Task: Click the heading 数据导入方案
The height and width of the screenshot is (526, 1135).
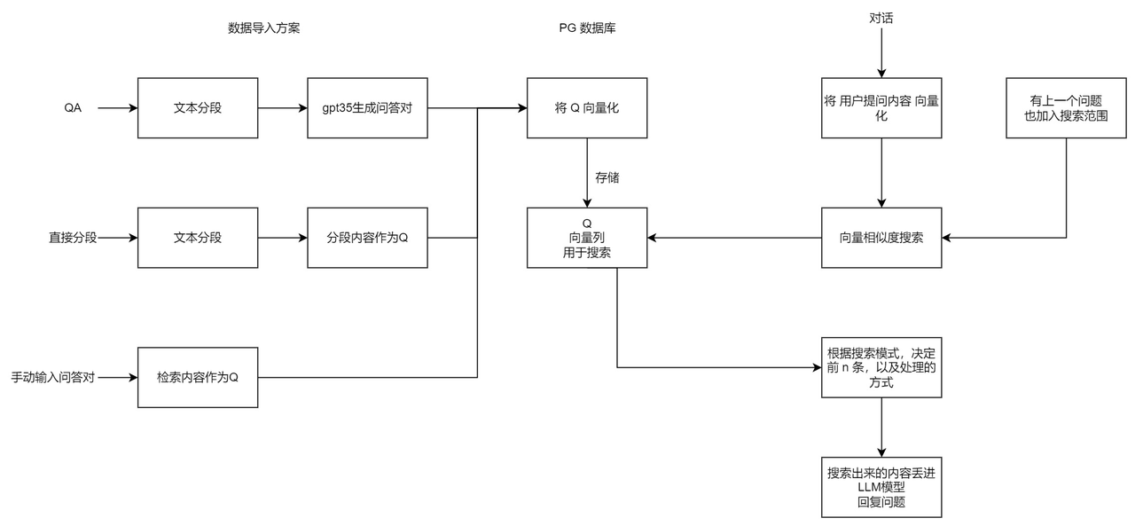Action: click(265, 27)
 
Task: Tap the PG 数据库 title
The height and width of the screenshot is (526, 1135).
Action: click(587, 27)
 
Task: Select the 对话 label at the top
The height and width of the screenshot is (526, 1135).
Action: click(881, 18)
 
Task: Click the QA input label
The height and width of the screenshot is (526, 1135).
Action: click(73, 108)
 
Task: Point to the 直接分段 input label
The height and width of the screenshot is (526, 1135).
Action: click(72, 238)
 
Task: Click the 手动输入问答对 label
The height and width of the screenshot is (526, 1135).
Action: click(52, 377)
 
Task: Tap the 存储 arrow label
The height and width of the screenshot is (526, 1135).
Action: click(607, 177)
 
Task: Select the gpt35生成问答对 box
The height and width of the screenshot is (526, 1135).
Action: click(367, 108)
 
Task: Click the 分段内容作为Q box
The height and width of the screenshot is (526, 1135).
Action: click(367, 238)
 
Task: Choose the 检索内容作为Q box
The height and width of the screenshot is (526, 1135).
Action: click(198, 377)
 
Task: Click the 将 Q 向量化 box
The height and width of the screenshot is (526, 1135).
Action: click(587, 108)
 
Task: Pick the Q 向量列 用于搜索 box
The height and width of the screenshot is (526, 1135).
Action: click(587, 238)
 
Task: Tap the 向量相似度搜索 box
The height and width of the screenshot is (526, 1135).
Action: click(881, 238)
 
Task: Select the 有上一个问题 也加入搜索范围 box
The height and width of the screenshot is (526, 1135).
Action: click(1066, 108)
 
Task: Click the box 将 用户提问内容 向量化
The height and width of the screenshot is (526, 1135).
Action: click(881, 108)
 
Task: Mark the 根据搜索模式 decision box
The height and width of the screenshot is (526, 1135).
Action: click(881, 367)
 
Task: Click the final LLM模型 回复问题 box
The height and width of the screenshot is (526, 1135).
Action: click(881, 488)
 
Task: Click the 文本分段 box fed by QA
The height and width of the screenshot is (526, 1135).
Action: click(198, 108)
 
